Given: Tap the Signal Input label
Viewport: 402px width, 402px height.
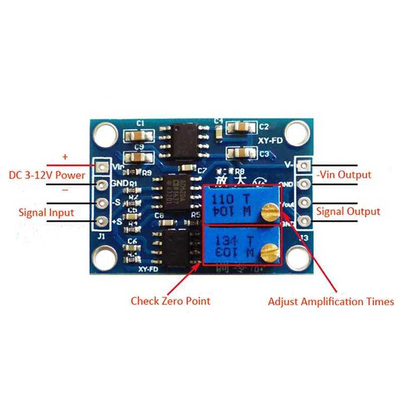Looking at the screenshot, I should (46, 212).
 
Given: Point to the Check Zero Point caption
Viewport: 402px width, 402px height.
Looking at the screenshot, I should (170, 301).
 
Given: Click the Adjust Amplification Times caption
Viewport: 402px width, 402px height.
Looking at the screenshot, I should (331, 302).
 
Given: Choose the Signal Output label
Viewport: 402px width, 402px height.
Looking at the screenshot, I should (348, 212).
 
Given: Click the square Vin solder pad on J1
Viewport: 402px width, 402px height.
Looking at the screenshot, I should (103, 166).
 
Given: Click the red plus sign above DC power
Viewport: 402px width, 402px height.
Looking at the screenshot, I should (64, 157).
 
